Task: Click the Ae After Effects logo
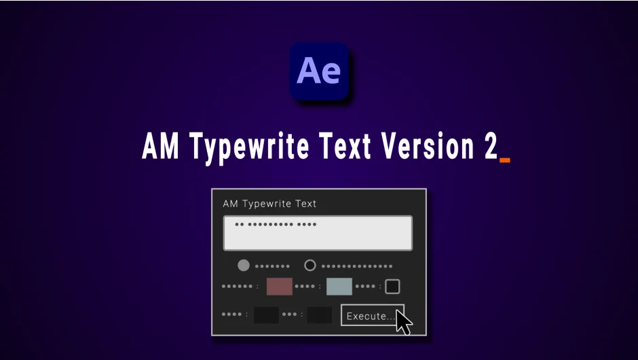coord(319,71)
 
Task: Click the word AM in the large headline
coord(161,147)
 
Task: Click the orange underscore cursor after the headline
coord(504,161)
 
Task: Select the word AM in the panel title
coord(230,203)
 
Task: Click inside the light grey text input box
coord(318,233)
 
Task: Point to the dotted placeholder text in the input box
coord(276,224)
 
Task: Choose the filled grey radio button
coord(244,266)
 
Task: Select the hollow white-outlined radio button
coord(310,266)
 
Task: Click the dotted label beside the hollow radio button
coord(357,266)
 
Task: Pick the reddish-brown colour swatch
coord(279,286)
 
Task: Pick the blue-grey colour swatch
coord(339,286)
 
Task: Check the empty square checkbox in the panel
coord(392,286)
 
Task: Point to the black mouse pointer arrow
coord(404,321)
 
